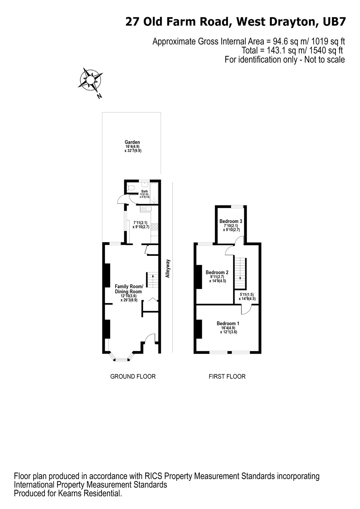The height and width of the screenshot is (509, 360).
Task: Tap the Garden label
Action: coord(132,142)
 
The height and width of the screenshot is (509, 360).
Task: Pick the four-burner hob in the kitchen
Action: coord(155,227)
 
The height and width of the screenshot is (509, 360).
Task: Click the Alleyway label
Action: coord(168,269)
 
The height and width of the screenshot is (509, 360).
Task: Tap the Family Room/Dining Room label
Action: coord(129,289)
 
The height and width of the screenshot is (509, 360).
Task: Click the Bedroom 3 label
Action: coord(231,221)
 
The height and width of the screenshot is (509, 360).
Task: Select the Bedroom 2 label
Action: coord(217,272)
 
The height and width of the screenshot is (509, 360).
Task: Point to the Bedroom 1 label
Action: coord(229,324)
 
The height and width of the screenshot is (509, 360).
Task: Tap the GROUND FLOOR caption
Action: coord(133,377)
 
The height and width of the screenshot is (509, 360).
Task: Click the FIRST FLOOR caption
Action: coord(227,377)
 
